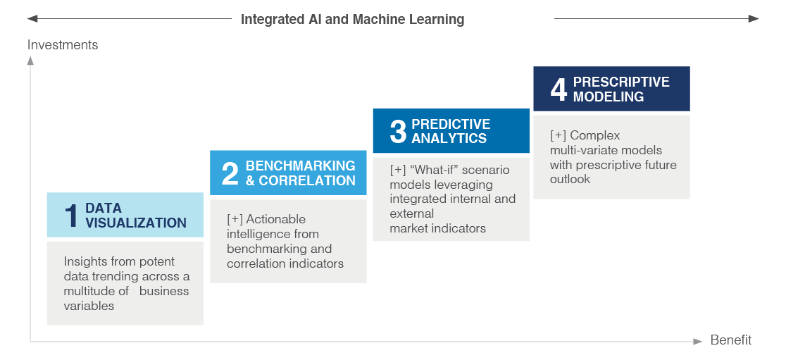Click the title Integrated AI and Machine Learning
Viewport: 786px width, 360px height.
352,20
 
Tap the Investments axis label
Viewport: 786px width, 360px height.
63,44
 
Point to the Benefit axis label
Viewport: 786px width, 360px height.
731,340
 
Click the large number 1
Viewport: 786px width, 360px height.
72,216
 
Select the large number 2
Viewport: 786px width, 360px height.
230,173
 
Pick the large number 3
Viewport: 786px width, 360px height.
398,131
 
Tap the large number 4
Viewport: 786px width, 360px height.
559,89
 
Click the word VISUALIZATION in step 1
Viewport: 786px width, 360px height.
136,223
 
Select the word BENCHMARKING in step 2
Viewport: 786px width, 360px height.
300,166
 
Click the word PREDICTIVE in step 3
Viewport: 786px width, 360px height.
451,124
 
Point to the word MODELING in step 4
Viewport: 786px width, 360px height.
609,97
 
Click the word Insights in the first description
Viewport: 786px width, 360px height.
85,262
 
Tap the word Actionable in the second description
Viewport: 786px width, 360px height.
275,219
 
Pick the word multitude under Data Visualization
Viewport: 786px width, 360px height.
89,291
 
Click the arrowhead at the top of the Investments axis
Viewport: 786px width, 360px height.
30,61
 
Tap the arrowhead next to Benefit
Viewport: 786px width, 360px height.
698,342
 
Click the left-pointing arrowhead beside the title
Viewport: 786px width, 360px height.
32,19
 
